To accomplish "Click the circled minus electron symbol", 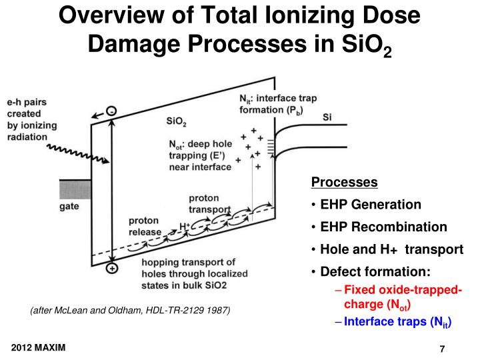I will point(111,111).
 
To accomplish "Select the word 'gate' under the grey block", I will point(71,207).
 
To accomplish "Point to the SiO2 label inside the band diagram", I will point(177,121).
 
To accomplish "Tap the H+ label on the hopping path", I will point(185,226).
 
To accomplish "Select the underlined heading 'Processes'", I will point(345,183).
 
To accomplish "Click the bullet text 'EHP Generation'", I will point(371,205).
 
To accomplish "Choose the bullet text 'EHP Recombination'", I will point(383,227).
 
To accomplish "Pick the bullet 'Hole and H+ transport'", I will point(391,249).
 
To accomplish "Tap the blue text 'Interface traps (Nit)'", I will point(398,323).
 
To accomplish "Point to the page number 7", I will point(441,350).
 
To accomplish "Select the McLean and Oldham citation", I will point(131,311).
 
